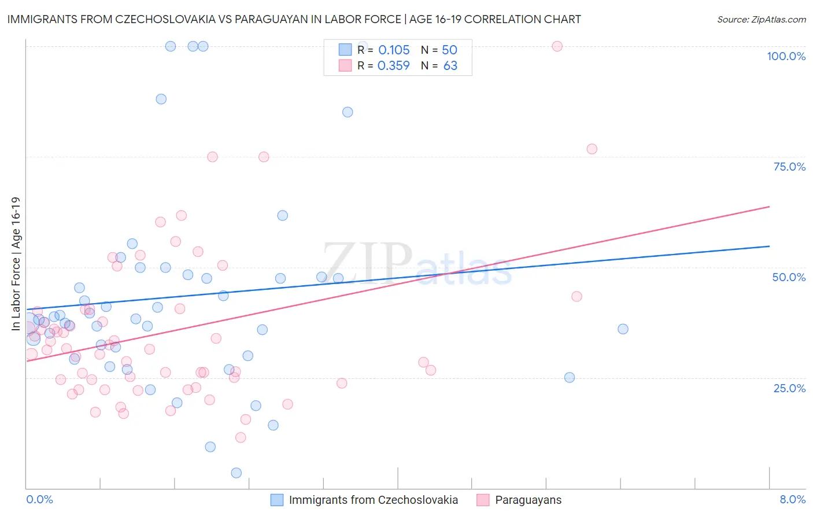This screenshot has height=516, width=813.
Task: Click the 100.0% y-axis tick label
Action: click(x=786, y=56)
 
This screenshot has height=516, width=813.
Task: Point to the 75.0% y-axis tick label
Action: click(x=789, y=167)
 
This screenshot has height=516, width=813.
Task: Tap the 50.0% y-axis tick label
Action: click(x=789, y=277)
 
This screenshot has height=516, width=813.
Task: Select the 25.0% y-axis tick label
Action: click(x=789, y=388)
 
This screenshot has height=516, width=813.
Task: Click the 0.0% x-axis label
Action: click(x=39, y=499)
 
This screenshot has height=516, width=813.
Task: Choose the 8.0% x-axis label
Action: click(x=792, y=499)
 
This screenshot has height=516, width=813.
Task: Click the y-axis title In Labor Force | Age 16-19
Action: click(x=16, y=264)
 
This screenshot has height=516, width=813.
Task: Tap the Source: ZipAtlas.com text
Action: click(x=761, y=19)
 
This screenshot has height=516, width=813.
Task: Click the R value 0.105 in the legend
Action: click(x=394, y=50)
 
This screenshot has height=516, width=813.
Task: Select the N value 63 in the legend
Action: click(x=450, y=66)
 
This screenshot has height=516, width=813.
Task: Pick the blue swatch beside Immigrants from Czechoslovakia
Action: click(x=277, y=500)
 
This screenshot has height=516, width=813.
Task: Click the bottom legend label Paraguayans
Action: click(x=528, y=500)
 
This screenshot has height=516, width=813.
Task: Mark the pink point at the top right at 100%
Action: click(x=557, y=46)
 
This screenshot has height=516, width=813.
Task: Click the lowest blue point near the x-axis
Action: click(x=236, y=473)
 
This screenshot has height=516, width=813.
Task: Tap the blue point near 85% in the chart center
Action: click(x=348, y=112)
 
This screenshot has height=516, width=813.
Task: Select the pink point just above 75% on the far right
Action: click(x=592, y=149)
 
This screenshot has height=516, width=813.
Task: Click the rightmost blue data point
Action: click(x=623, y=329)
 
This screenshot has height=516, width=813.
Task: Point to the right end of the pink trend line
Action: click(x=769, y=207)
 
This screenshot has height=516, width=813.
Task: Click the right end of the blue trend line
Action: click(x=769, y=246)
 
